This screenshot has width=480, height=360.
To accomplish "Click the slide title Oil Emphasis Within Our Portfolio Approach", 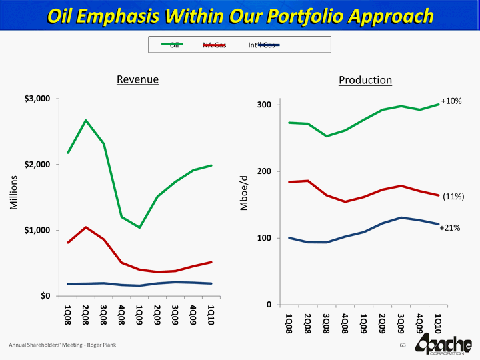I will coord(240,15).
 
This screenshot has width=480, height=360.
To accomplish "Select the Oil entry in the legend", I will coord(175,45).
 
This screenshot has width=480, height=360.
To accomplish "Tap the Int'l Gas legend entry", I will coord(261,45).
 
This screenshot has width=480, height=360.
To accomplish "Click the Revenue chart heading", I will coord(137,79).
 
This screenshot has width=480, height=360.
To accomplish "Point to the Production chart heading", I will coord(365,80).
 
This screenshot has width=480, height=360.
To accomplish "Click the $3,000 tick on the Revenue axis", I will coord(37,99).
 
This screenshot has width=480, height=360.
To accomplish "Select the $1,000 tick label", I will coord(37,230).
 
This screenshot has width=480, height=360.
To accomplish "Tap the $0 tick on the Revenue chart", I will coord(44,295).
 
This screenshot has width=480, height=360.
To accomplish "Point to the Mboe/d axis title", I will coord(245,193).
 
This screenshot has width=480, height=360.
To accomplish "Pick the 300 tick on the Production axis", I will coord(263,105).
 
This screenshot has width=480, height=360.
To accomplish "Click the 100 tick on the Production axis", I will coord(263,238).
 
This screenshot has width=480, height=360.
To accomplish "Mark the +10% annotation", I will coord(451,101).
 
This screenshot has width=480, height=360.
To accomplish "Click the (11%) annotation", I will coord(453,197).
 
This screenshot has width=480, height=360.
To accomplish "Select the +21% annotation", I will coord(450,228).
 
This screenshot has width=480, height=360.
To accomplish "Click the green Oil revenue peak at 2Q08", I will coord(85,121).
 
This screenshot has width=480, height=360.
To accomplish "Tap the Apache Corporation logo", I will coord(443,345).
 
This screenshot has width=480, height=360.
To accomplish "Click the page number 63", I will coord(402,345).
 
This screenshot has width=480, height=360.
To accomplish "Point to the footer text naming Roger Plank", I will coord(58,345).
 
